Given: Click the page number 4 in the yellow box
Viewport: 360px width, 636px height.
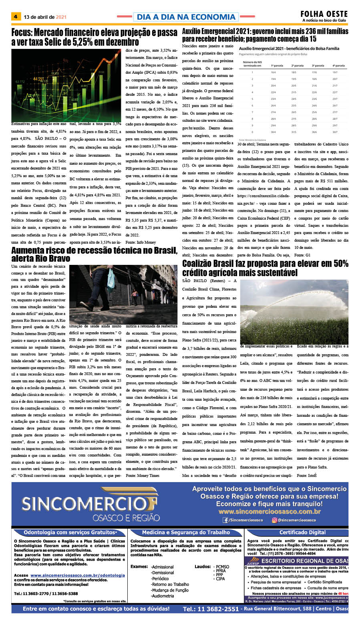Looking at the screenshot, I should pyautogui.click(x=16, y=17).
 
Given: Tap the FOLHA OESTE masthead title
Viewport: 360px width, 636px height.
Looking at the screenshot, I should pyautogui.click(x=324, y=14).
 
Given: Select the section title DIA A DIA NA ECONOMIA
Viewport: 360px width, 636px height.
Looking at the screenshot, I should pyautogui.click(x=186, y=17).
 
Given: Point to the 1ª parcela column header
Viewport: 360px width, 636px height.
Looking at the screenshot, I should pyautogui.click(x=277, y=65).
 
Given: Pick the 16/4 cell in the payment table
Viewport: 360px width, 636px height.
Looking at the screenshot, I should pyautogui.click(x=273, y=72).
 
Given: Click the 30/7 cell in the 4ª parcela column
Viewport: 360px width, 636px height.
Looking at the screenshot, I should pyautogui.click(x=335, y=132).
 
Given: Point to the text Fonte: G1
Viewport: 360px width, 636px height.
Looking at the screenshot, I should pyautogui.click(x=302, y=255).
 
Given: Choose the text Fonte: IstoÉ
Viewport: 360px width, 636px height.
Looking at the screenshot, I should pyautogui.click(x=307, y=475).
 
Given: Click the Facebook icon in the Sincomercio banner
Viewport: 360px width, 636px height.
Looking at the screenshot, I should pyautogui.click(x=226, y=520).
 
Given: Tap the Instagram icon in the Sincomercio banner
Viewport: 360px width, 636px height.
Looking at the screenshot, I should pyautogui.click(x=274, y=520).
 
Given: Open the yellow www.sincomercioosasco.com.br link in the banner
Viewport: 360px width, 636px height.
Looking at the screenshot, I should pyautogui.click(x=269, y=512).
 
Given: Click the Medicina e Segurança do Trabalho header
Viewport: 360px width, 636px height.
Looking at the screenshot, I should pyautogui.click(x=186, y=532).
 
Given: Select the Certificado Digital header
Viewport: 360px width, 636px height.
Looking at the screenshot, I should pyautogui.click(x=302, y=532).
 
